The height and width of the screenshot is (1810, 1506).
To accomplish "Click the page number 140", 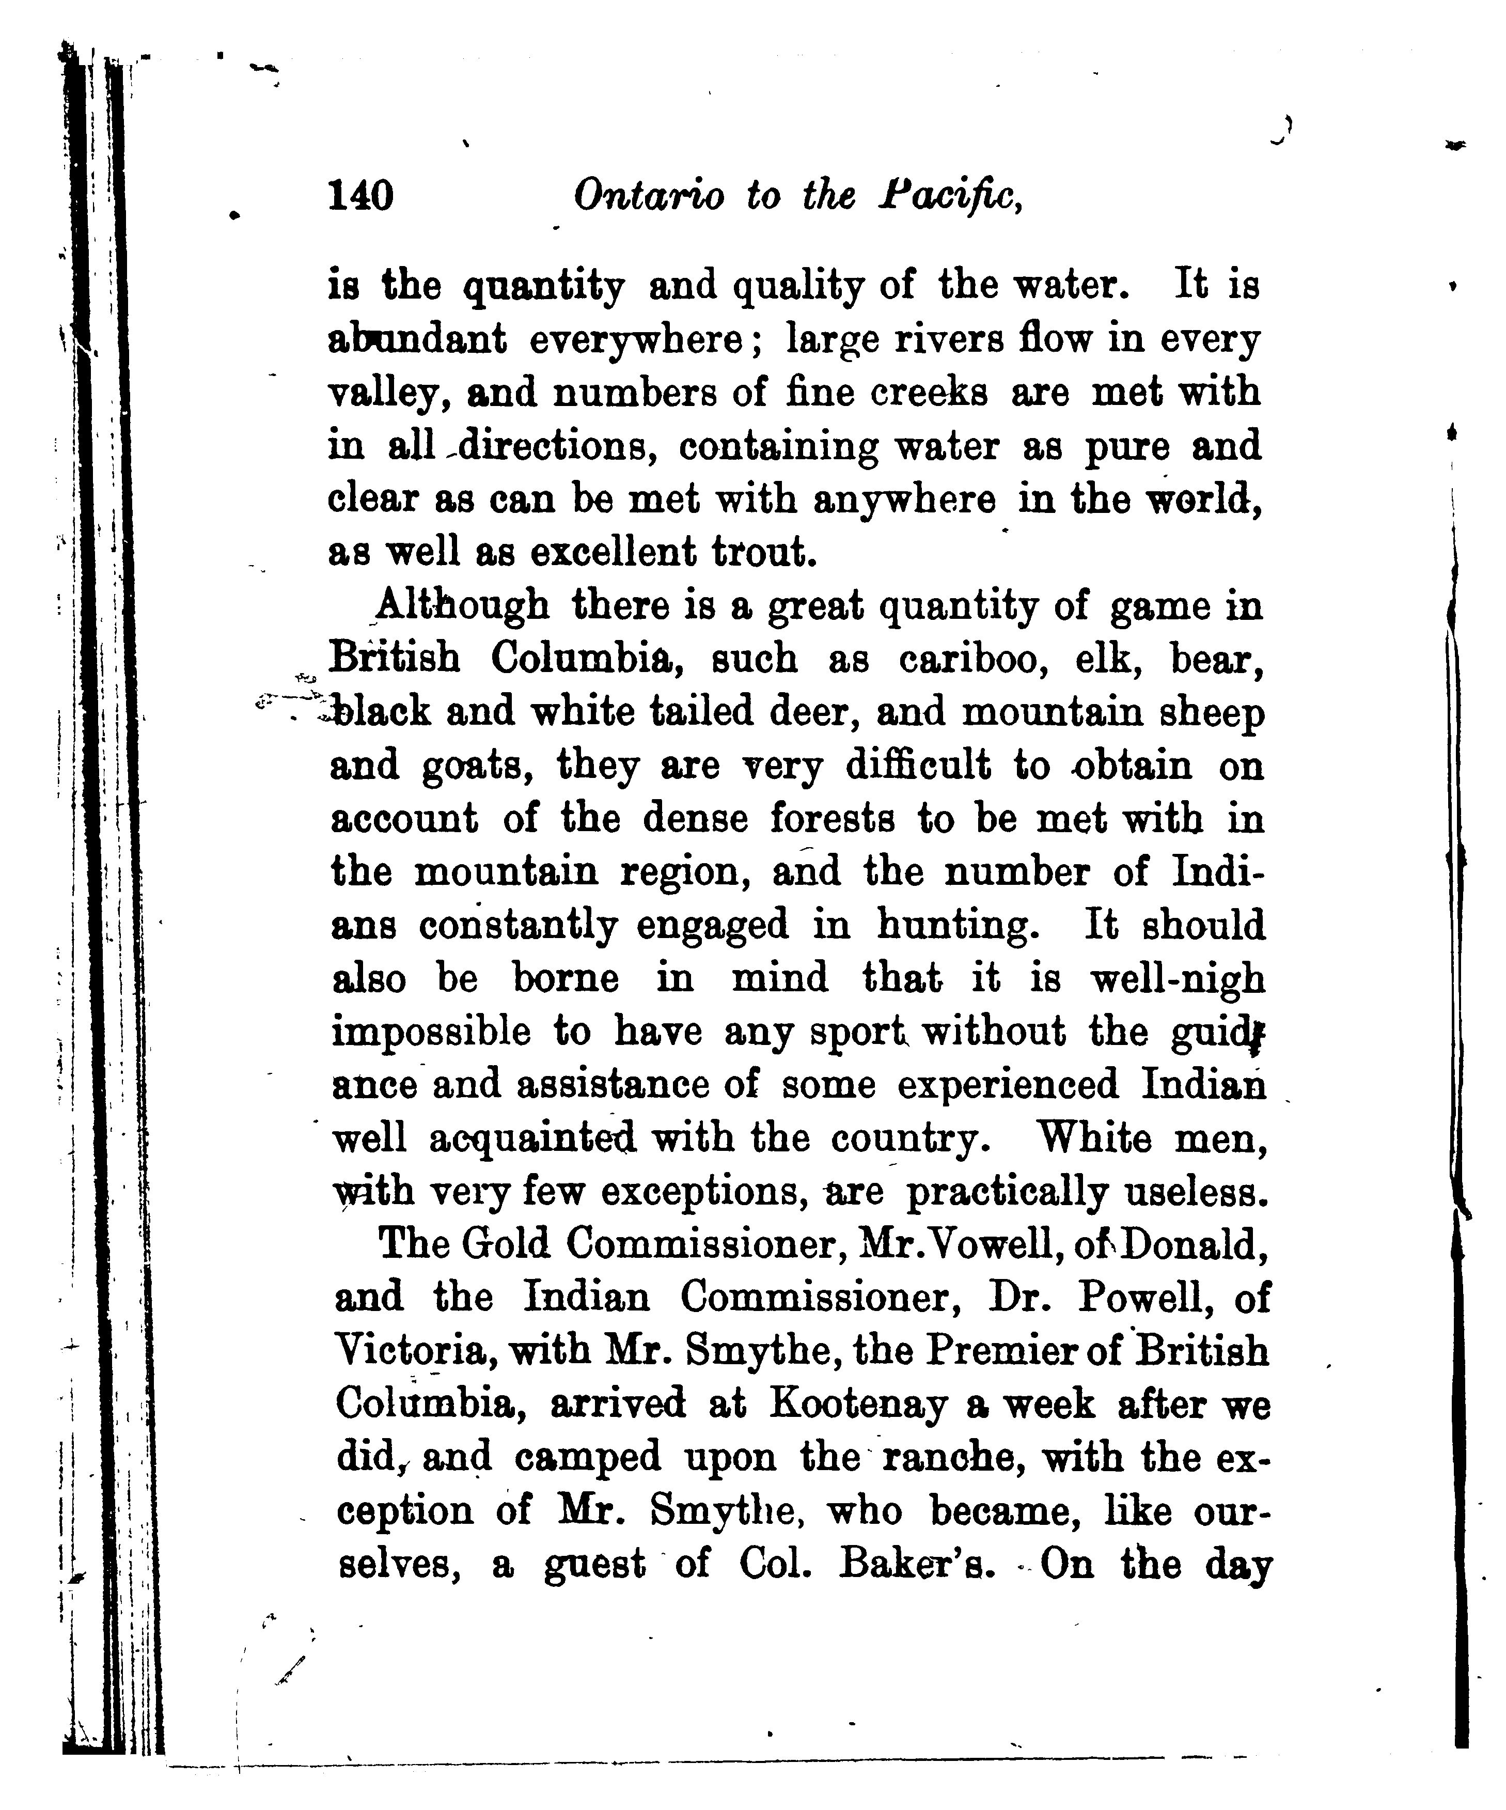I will point(361,196).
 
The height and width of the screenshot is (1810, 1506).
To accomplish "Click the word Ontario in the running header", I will point(649,196).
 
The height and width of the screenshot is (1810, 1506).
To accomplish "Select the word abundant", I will point(418,339).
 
